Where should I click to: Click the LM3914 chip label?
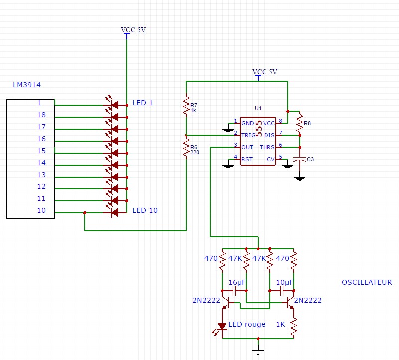27,85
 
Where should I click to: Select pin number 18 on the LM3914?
41,115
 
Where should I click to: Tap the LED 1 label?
142,103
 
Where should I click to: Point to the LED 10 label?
145,211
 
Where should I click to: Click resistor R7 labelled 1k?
186,106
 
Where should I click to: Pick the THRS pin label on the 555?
266,147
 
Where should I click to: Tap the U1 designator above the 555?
258,108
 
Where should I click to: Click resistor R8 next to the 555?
300,123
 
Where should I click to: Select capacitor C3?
300,159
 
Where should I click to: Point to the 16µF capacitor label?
238,282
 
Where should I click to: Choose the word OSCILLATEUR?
367,282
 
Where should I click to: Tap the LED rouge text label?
248,325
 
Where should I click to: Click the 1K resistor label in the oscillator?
280,325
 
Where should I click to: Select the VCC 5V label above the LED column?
133,30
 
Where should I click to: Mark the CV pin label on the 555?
271,159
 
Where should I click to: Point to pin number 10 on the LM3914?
41,211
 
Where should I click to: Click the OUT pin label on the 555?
247,147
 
